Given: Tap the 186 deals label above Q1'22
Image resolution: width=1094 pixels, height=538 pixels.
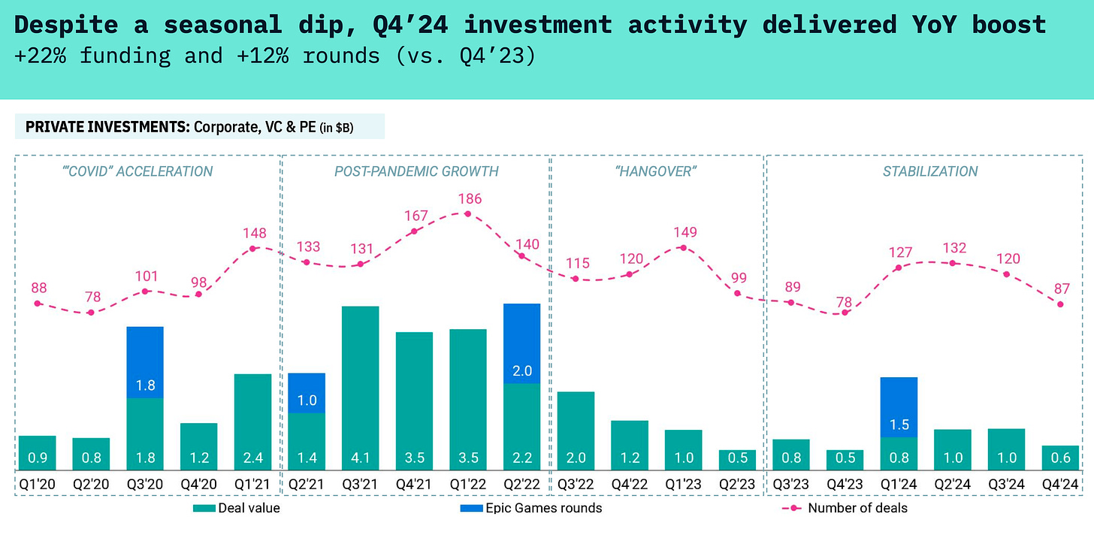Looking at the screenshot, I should pyautogui.click(x=467, y=199).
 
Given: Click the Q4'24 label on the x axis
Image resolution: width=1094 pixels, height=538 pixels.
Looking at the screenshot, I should pyautogui.click(x=1060, y=485).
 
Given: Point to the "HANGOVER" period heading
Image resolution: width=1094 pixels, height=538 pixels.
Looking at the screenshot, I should pyautogui.click(x=656, y=171).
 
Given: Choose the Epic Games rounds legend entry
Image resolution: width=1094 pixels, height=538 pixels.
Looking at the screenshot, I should pyautogui.click(x=530, y=508).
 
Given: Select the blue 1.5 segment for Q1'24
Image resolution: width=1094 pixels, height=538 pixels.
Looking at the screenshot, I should pyautogui.click(x=899, y=407).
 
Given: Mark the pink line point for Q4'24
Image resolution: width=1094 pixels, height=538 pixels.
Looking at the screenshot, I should pyautogui.click(x=1060, y=304).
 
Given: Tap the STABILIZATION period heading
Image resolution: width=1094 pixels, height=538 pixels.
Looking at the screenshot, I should pyautogui.click(x=930, y=171).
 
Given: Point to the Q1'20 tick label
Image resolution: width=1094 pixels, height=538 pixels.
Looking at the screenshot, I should pyautogui.click(x=37, y=485).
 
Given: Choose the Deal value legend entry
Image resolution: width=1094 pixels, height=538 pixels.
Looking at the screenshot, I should pyautogui.click(x=236, y=508).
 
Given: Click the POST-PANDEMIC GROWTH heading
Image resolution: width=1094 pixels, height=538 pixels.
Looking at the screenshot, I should pyautogui.click(x=416, y=171).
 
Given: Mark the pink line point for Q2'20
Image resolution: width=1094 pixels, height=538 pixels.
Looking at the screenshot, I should pyautogui.click(x=91, y=312).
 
